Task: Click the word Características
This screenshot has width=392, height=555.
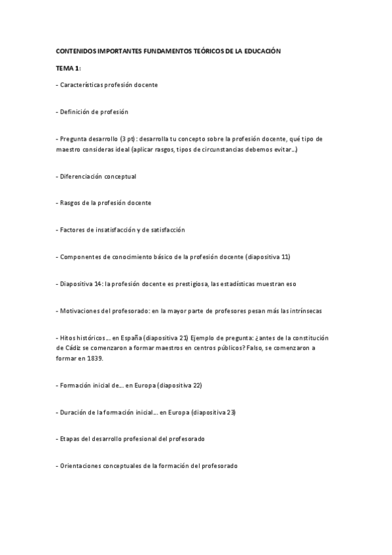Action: coord(86,84)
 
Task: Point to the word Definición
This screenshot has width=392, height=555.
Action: coord(78,111)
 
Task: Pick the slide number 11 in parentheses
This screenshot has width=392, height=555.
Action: coord(285,257)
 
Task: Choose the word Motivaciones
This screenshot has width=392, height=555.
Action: coord(82,310)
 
